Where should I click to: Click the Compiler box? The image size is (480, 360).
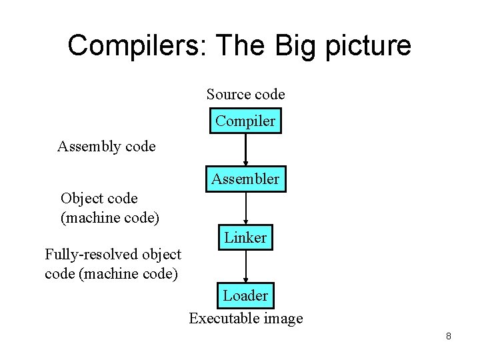pos(245,121)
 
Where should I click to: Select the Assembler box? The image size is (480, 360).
pos(245,179)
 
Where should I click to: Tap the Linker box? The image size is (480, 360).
pos(245,237)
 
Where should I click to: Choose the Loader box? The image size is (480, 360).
pos(245,295)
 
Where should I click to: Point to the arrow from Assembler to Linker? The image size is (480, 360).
pos(246,208)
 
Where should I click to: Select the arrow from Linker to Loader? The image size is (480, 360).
pos(246,266)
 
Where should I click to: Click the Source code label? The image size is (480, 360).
pos(245,95)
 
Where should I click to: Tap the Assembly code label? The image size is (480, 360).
pos(106,146)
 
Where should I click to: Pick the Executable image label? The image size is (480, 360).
pos(245,319)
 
